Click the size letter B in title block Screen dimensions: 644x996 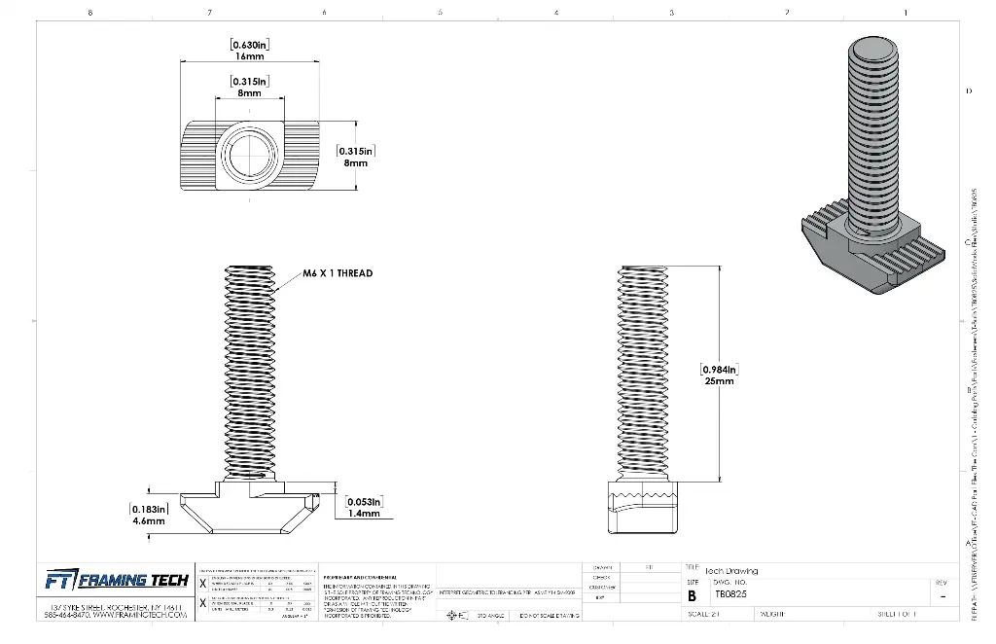click(x=693, y=594)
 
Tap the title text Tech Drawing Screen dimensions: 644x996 click(x=731, y=571)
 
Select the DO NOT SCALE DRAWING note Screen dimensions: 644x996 click(x=550, y=616)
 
